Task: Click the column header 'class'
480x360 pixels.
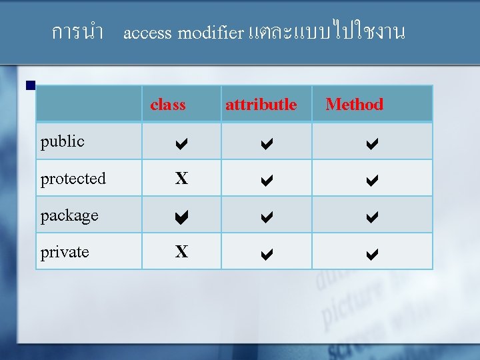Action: pyautogui.click(x=168, y=105)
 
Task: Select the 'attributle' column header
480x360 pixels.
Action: pyautogui.click(x=261, y=105)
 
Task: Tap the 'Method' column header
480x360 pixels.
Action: pyautogui.click(x=354, y=105)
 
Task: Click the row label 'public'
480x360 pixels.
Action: pyautogui.click(x=62, y=141)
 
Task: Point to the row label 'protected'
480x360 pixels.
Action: pyautogui.click(x=73, y=179)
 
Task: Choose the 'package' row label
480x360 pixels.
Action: pyautogui.click(x=69, y=215)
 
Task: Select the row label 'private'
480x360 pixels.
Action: pyautogui.click(x=65, y=252)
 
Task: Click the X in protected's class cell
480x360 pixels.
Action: pyautogui.click(x=181, y=179)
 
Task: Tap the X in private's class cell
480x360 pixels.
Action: pyautogui.click(x=181, y=252)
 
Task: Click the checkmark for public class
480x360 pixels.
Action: pyautogui.click(x=181, y=142)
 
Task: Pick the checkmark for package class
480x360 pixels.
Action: pyautogui.click(x=181, y=216)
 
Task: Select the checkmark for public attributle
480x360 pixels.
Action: pyautogui.click(x=266, y=142)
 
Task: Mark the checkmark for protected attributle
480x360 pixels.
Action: pyautogui.click(x=266, y=179)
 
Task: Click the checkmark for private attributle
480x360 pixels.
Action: pyautogui.click(x=266, y=253)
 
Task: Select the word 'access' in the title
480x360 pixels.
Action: pyautogui.click(x=148, y=33)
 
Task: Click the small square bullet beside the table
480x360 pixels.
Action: pyautogui.click(x=29, y=86)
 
